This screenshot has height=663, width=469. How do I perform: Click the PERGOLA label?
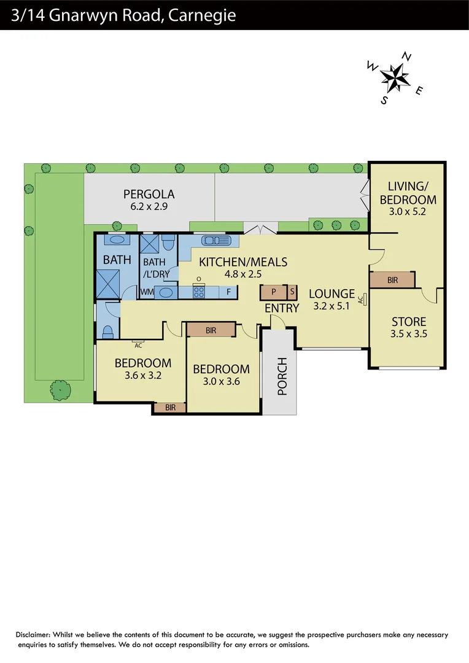click(149, 193)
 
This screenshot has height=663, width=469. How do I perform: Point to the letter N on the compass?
click(407, 57)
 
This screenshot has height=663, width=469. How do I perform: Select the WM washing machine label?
click(147, 292)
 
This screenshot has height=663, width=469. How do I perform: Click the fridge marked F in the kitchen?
click(228, 292)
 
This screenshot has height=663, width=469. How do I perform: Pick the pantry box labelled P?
click(273, 292)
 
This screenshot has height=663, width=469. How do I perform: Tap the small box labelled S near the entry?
click(292, 292)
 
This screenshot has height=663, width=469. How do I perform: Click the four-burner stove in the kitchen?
click(199, 292)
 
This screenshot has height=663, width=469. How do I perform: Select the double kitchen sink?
click(217, 240)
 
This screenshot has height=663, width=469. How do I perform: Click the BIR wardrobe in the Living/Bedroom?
click(392, 280)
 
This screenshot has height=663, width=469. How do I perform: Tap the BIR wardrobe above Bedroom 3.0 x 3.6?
click(211, 330)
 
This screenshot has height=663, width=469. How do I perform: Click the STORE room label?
click(408, 322)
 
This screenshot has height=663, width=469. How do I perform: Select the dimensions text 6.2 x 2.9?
click(149, 207)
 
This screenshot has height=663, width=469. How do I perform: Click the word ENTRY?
click(282, 308)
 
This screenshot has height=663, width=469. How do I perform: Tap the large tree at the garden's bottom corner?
click(60, 389)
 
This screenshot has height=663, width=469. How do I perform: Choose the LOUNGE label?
click(331, 293)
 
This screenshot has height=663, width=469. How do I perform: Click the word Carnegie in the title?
click(201, 15)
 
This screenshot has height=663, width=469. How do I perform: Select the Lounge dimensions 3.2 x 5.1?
click(331, 306)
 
